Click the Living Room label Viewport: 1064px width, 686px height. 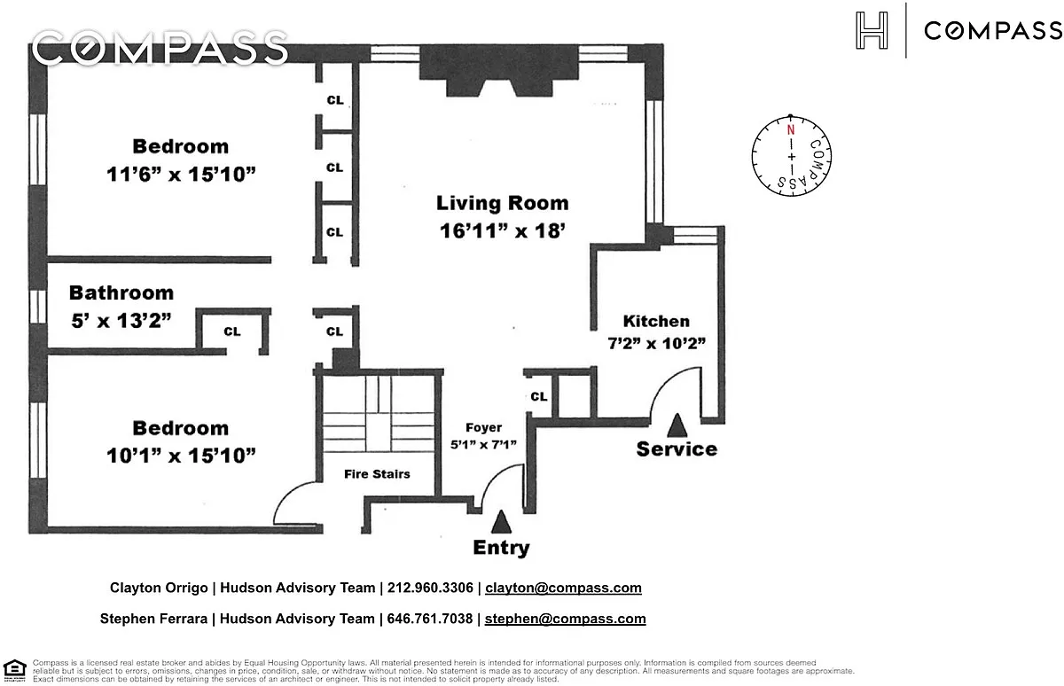pos(502,203)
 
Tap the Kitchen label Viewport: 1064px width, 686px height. pos(656,321)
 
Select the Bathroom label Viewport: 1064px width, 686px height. pos(121,292)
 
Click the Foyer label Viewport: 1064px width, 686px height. pos(484,427)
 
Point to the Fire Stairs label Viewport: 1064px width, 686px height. pos(377,474)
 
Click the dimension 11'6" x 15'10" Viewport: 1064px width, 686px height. pos(181,174)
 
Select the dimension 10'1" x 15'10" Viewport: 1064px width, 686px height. pos(181,456)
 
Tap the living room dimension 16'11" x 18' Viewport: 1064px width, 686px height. pos(502,231)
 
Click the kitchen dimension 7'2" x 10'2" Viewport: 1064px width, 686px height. pos(656,343)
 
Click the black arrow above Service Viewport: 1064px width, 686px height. pos(677,425)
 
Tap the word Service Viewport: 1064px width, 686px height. pos(677,449)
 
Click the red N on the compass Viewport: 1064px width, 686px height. pos(789,129)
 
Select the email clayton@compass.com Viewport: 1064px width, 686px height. pos(563,588)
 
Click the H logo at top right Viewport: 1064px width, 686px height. pos(871,31)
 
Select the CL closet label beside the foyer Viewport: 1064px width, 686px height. pos(539,397)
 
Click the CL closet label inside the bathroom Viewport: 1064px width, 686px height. pos(231,331)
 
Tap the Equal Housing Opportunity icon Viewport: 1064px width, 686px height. pos(14,669)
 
